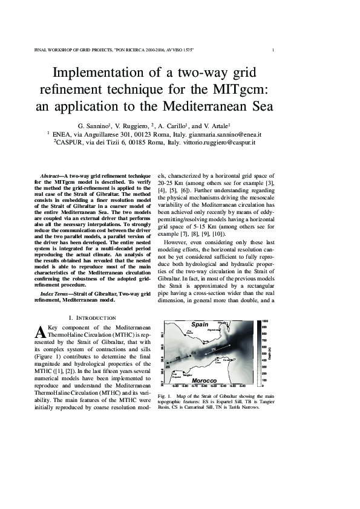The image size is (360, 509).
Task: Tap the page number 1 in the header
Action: (274, 50)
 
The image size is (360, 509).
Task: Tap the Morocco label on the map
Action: (204, 380)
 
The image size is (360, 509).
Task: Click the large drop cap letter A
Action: (41, 332)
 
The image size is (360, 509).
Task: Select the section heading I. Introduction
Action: (92, 318)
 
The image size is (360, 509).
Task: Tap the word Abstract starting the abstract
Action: (49, 175)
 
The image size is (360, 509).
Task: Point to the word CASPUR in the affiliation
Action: (72, 143)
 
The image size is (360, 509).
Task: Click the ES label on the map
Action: (168, 365)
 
